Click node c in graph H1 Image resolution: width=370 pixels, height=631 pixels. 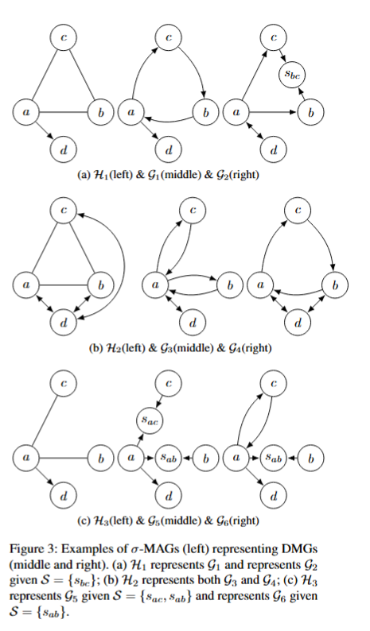(64, 37)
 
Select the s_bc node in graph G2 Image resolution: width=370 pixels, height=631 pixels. (291, 75)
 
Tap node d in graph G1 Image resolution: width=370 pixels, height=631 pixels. (168, 149)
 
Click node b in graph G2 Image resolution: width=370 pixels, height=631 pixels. (311, 112)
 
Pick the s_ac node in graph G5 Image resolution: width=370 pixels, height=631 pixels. (150, 421)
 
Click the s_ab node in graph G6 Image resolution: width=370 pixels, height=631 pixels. (274, 458)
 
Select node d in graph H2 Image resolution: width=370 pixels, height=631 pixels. (64, 323)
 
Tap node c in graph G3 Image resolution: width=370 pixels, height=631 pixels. (193, 210)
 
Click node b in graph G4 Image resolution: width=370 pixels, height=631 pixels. (335, 285)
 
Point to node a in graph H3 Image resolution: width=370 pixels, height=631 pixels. (25, 458)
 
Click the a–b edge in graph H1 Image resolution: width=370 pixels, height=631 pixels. (64, 112)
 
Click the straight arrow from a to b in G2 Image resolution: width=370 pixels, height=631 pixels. (273, 112)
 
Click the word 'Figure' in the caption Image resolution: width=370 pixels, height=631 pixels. (24, 549)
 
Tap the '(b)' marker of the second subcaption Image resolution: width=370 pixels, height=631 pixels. (95, 348)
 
